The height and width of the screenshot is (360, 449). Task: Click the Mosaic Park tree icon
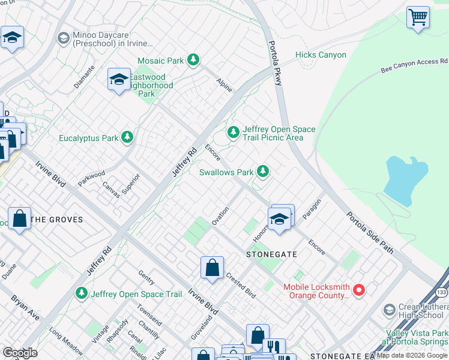pos(193,60)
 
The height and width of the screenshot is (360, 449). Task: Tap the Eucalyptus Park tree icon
pos(127,137)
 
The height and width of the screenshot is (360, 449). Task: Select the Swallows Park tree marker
pos(262,172)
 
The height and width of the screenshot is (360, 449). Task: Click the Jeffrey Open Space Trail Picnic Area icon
pos(233,132)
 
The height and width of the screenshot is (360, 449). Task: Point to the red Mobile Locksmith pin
pos(359,290)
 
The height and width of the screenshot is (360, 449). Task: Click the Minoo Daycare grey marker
pos(63,38)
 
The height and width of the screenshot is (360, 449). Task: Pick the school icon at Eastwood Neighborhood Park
pos(119,79)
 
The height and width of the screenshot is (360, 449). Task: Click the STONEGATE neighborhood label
pos(271,254)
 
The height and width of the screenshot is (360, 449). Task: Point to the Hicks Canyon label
pos(321,55)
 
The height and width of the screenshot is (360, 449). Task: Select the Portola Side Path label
pos(370,232)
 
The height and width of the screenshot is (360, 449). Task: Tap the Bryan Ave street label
pos(25,306)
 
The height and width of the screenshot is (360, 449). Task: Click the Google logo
pos(20,352)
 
